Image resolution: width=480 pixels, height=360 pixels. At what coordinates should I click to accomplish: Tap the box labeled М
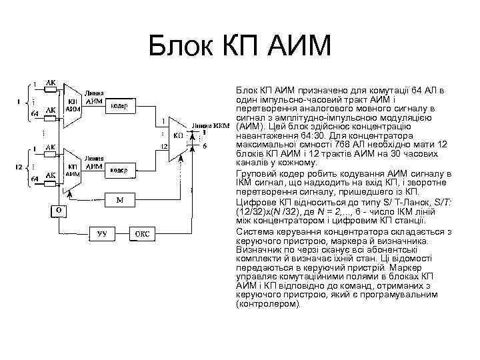pyautogui.click(x=120, y=200)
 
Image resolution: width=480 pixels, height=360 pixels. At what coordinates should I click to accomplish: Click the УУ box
pyautogui.click(x=102, y=234)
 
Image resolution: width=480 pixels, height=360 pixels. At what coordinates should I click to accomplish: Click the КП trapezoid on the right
pyautogui.click(x=177, y=136)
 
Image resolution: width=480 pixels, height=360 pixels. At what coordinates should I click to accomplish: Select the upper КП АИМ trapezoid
pyautogui.click(x=73, y=105)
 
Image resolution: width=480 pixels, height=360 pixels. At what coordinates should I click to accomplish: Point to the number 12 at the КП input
pyautogui.click(x=163, y=146)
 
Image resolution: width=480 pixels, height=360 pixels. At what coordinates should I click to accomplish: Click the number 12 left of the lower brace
pyautogui.click(x=20, y=165)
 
